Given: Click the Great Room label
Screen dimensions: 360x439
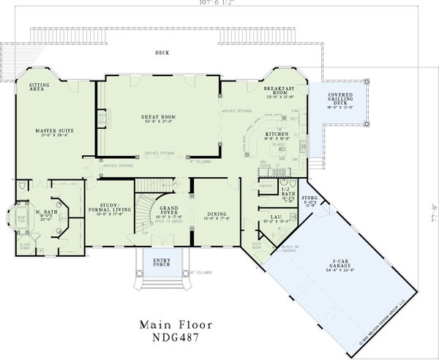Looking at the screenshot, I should click(159, 118).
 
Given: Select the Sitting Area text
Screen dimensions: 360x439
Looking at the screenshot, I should click(39, 87).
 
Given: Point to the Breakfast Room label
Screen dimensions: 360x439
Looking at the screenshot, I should click(279, 89).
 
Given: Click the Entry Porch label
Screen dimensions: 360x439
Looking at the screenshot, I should click(162, 261).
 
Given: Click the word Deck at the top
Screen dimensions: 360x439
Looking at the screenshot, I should click(162, 53).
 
